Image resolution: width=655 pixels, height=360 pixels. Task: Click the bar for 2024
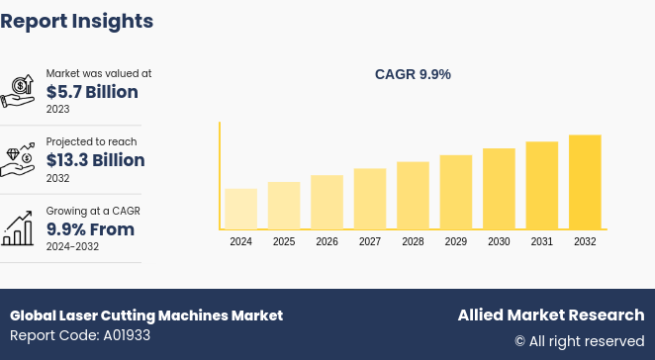240,209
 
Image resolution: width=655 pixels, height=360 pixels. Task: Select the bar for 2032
585,182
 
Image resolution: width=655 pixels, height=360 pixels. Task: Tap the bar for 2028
413,196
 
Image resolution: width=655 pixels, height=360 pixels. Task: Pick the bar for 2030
499,189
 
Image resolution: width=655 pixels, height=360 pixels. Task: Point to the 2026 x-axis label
327,241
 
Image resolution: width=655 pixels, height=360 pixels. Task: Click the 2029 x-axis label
456,241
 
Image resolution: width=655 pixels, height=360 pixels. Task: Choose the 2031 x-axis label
542,241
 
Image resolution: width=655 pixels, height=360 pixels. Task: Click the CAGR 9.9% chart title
413,74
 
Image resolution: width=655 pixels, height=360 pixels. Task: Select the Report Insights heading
77,21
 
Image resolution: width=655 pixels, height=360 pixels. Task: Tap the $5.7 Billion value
92,92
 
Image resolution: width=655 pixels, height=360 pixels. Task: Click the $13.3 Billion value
95,160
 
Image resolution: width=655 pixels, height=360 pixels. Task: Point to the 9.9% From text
90,229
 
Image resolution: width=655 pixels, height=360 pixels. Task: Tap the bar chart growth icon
18,228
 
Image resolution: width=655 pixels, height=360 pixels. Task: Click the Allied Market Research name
550,315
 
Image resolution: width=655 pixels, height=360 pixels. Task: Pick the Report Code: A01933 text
80,335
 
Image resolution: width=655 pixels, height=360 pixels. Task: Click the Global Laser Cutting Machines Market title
146,315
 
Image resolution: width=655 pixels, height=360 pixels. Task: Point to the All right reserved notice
579,341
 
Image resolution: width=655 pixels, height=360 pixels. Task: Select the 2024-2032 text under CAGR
72,247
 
